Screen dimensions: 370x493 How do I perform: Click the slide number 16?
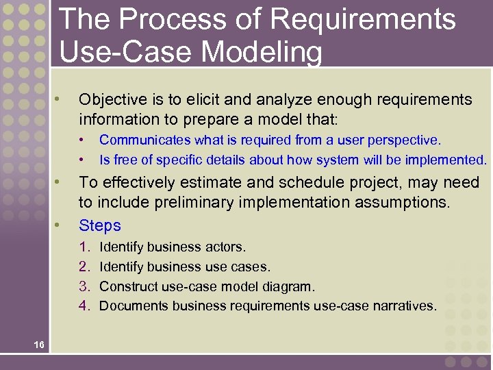pyautogui.click(x=38, y=345)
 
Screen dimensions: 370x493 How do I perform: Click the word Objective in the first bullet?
pyautogui.click(x=112, y=100)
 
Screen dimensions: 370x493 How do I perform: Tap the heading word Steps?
pyautogui.click(x=100, y=225)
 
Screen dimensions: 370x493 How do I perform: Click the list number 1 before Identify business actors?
pyautogui.click(x=84, y=246)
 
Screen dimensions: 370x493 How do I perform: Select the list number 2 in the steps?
pyautogui.click(x=84, y=267)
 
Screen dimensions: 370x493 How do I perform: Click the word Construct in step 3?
pyautogui.click(x=127, y=286)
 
